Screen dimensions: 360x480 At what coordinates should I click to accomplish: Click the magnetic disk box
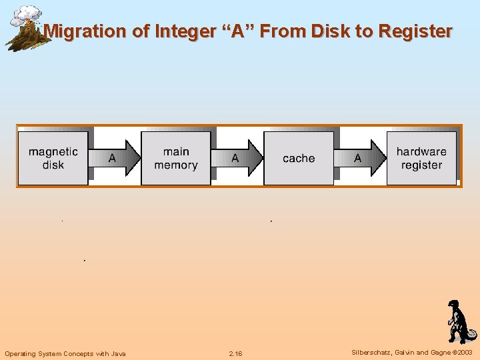pos(53,158)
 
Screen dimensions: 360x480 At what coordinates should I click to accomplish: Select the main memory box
pos(176,158)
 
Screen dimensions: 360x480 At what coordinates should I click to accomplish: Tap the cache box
pos(299,158)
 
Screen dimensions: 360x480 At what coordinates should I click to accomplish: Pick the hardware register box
pos(421,158)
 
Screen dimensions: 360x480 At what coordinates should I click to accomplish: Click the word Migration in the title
pos(85,31)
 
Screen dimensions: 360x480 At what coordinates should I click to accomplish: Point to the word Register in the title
pos(415,31)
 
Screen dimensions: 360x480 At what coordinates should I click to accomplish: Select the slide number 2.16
pos(235,353)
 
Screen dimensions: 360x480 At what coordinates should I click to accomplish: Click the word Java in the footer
pos(117,353)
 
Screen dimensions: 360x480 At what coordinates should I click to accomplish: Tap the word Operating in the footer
pos(21,353)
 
